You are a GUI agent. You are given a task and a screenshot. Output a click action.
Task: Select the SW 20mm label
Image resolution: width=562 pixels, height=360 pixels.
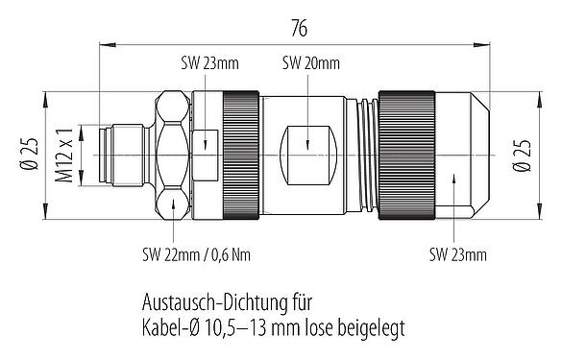311,64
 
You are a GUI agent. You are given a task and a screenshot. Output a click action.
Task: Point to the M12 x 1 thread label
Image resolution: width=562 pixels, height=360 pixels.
65,154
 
